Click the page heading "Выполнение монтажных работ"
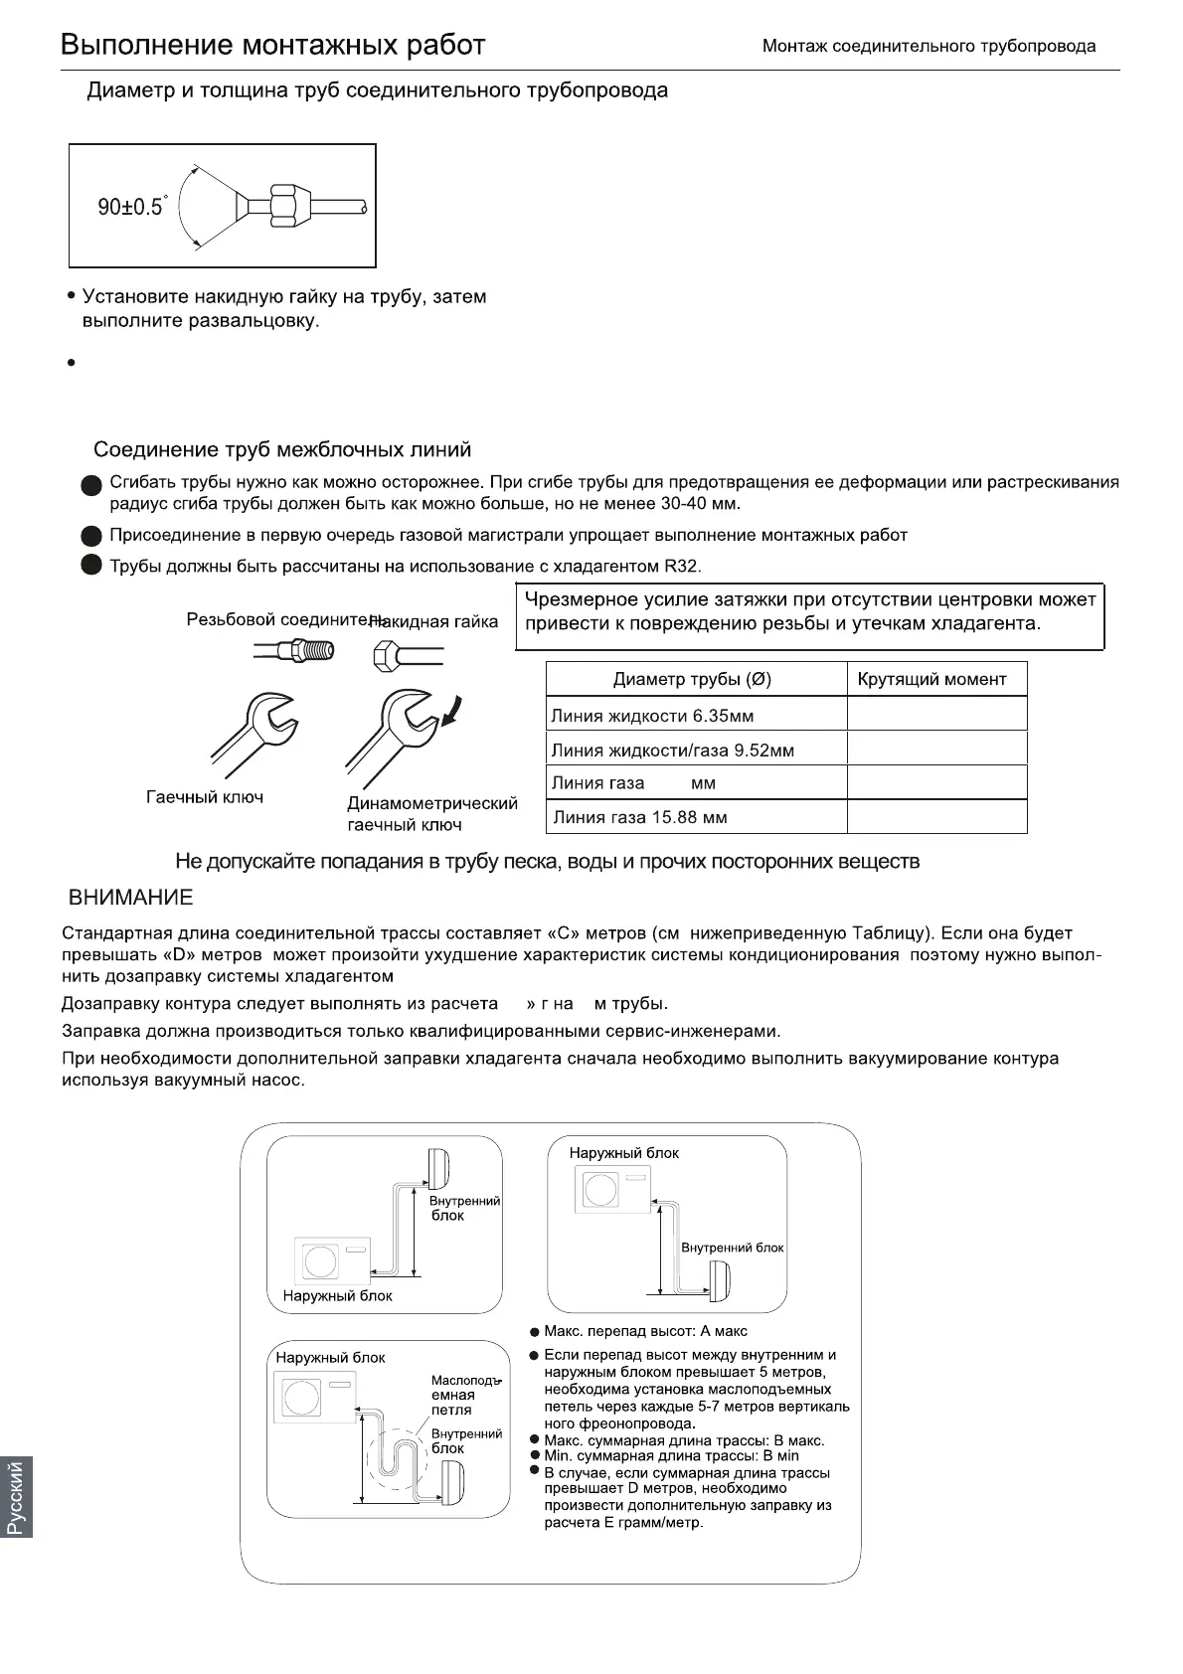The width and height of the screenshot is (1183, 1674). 272,46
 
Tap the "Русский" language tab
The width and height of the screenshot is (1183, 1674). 17,1497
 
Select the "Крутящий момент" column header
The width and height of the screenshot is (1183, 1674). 931,680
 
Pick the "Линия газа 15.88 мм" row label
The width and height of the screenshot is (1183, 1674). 640,818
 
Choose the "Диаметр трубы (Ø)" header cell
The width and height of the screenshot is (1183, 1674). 692,680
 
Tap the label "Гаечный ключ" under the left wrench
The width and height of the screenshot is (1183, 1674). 205,797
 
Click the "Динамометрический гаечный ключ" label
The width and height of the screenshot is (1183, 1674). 431,814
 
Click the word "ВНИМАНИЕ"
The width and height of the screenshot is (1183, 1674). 130,898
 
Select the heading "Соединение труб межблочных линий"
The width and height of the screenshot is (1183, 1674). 282,450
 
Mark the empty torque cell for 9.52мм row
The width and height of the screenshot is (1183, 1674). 935,750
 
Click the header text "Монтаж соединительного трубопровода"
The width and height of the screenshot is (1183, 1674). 929,47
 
